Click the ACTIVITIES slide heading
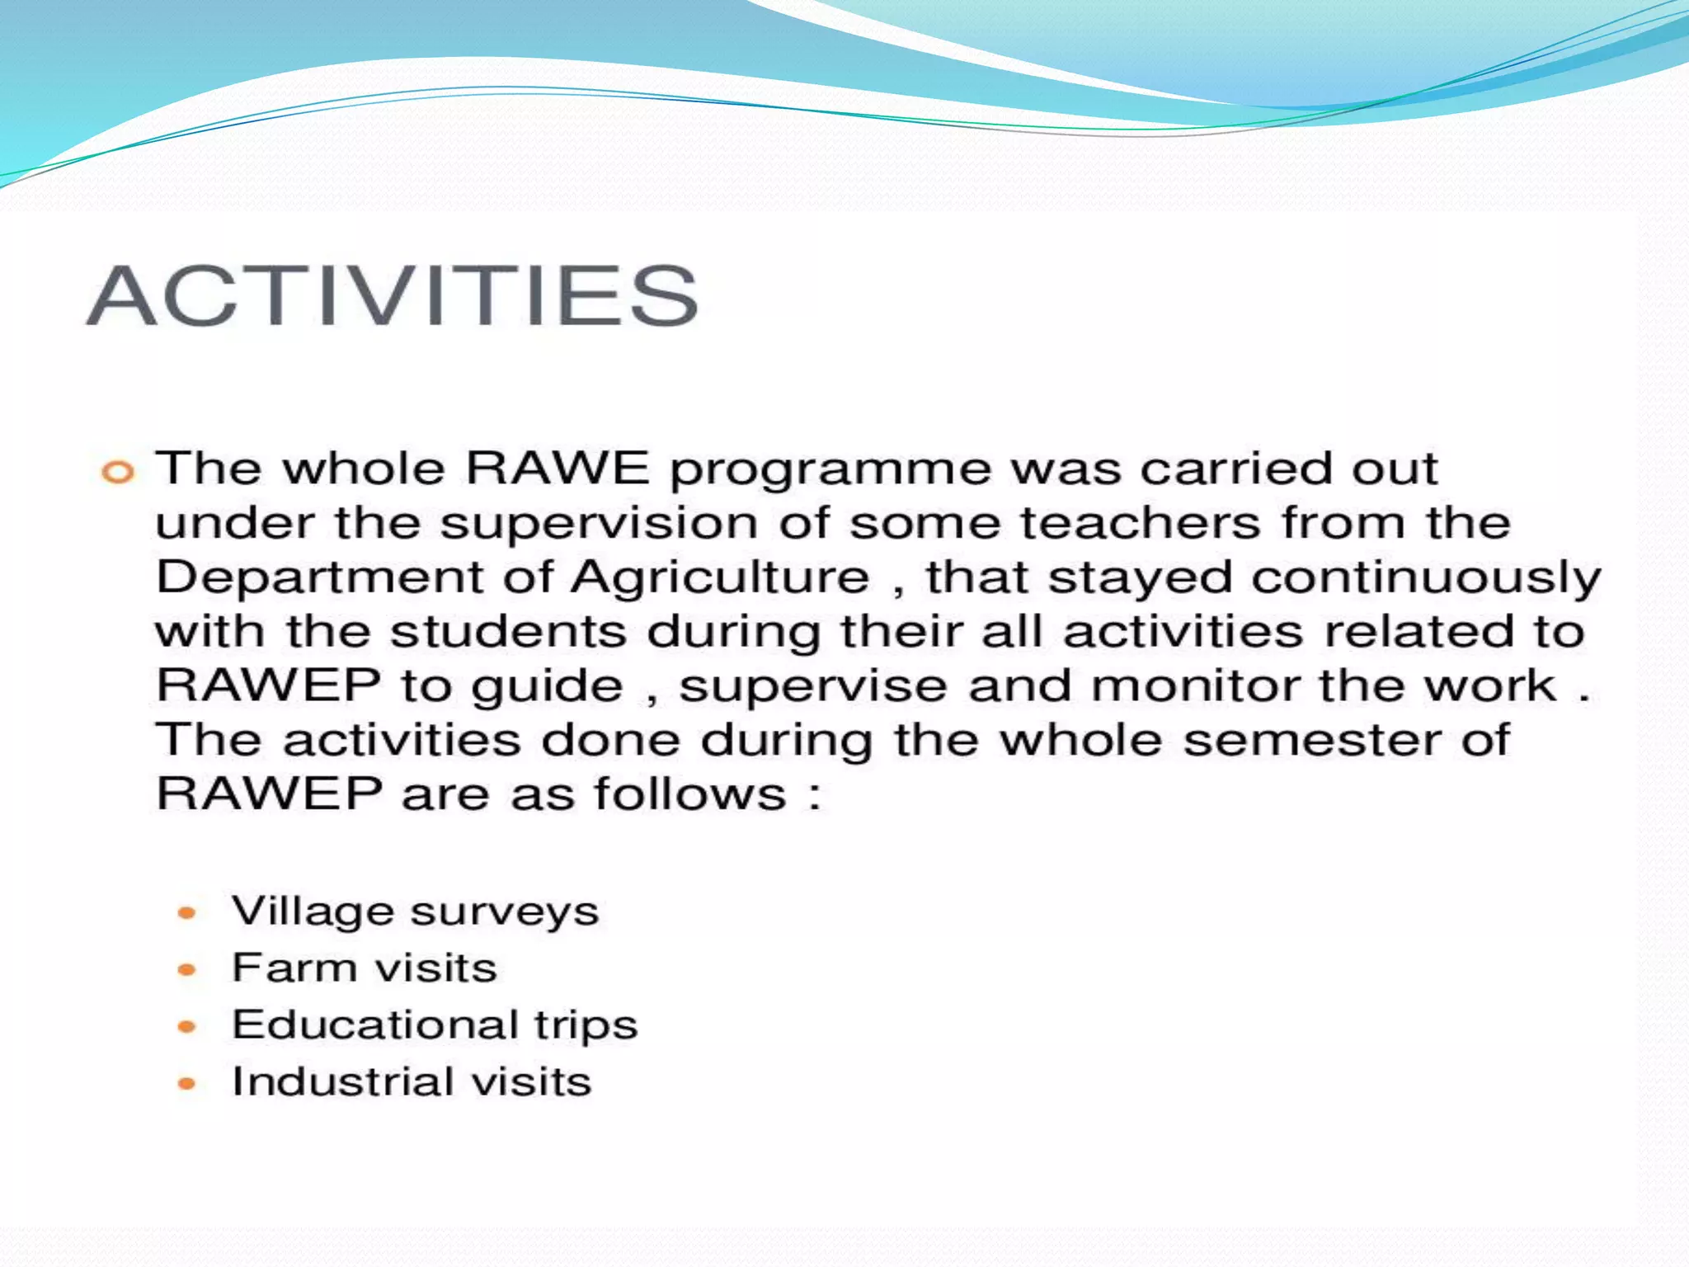point(393,295)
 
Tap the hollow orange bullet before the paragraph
point(117,473)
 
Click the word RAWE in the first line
point(558,469)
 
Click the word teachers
point(1140,523)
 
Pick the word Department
point(319,578)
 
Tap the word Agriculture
point(720,578)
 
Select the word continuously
point(1426,578)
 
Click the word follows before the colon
point(690,794)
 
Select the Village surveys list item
point(415,912)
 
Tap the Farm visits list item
point(364,968)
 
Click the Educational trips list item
point(435,1025)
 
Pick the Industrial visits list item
point(411,1081)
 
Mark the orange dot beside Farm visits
point(187,970)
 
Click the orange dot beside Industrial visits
point(187,1083)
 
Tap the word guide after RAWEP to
point(547,687)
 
